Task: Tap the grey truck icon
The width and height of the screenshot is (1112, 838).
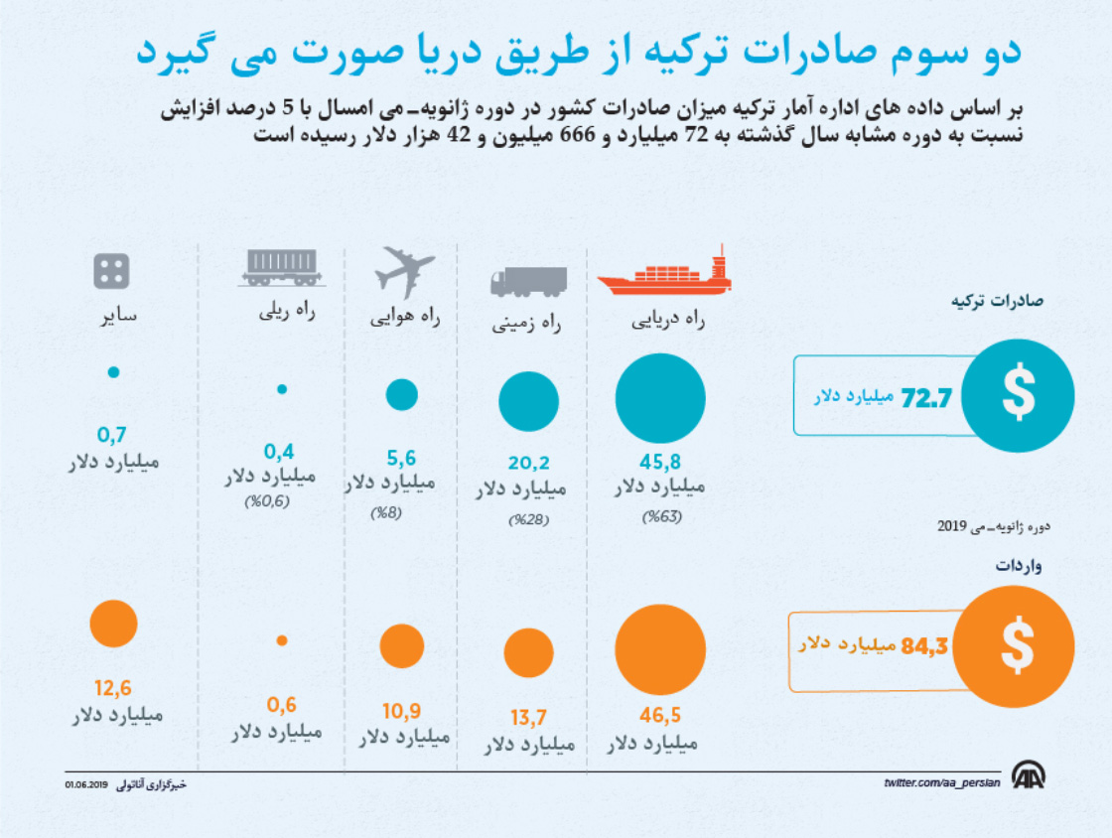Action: (x=528, y=282)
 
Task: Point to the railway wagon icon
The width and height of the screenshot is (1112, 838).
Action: (x=280, y=265)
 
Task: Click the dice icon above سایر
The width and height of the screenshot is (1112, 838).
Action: (x=111, y=271)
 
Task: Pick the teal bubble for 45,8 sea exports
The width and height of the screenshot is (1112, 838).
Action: (x=660, y=398)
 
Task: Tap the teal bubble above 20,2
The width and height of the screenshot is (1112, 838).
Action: (x=529, y=402)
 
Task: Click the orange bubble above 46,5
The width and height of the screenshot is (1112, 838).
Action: (x=660, y=649)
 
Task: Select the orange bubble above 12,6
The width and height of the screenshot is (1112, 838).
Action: (x=113, y=623)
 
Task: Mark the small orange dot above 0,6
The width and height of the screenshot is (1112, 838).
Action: (x=282, y=640)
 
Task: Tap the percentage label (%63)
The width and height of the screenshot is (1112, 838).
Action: (x=662, y=516)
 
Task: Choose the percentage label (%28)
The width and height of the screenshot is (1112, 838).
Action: (x=528, y=519)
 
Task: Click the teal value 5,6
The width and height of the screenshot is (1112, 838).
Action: (x=400, y=458)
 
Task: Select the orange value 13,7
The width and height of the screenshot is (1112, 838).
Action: (x=527, y=718)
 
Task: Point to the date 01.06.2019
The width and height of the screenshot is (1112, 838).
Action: (x=86, y=784)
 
